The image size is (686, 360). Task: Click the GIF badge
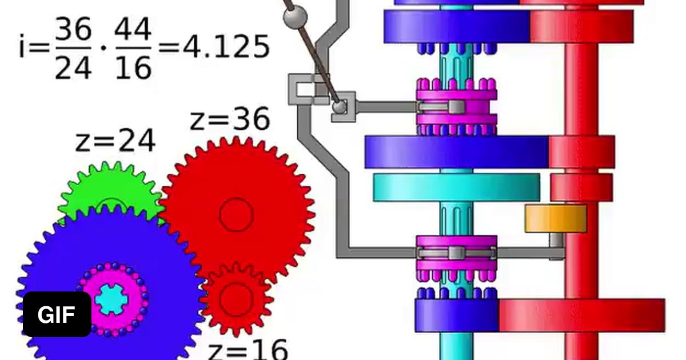click(57, 314)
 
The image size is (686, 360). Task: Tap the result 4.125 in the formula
click(226, 47)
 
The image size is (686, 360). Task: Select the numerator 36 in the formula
click(73, 29)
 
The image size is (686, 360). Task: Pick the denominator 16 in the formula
click(133, 67)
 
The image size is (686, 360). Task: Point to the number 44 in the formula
click(133, 29)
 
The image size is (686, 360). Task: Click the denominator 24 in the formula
click(73, 67)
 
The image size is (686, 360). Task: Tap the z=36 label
click(230, 119)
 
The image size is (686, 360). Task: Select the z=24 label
click(115, 140)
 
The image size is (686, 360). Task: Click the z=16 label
click(248, 350)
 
